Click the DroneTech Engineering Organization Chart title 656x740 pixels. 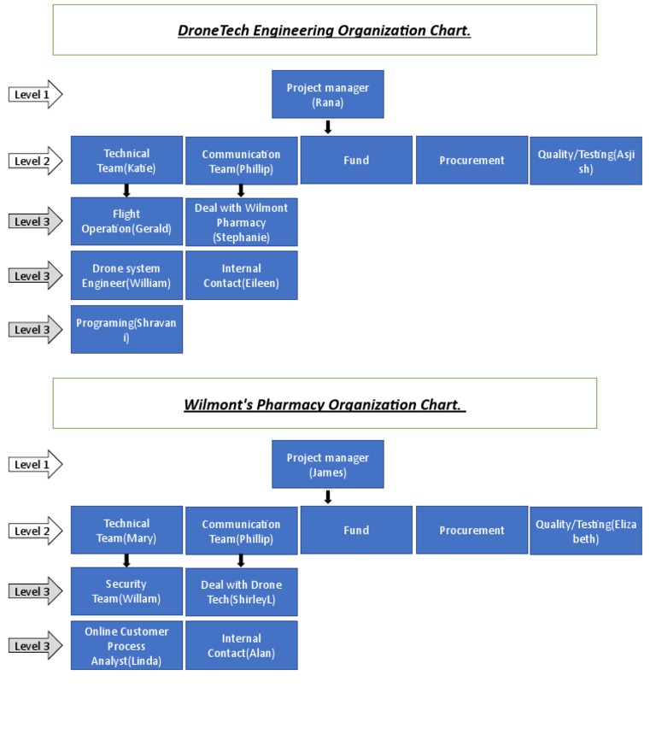325,31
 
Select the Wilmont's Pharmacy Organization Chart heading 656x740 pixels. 325,403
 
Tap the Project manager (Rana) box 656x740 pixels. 327,95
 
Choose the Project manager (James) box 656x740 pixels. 327,465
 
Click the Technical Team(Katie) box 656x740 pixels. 126,161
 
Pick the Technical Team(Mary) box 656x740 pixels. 126,531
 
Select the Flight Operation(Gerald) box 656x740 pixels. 126,221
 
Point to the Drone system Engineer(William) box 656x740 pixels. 126,275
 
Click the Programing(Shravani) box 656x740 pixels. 126,329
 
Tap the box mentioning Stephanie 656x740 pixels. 242,222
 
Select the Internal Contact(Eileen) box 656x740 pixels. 242,275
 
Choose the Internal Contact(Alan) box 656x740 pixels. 242,645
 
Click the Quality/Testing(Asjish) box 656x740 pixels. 586,161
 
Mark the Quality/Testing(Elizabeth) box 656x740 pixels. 586,531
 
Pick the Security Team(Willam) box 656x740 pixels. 126,591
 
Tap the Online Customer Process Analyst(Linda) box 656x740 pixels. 126,645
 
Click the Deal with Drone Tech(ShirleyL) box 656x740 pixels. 242,591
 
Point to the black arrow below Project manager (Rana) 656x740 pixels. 327,127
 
